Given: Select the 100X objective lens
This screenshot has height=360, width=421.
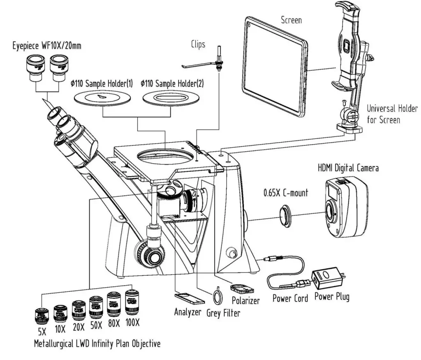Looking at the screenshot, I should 132,303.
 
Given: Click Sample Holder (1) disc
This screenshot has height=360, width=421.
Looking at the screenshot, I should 102,97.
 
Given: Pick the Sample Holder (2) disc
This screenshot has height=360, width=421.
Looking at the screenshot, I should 171,98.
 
